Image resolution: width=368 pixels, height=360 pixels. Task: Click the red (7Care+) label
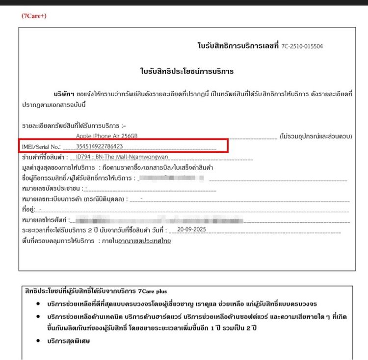pos(34,16)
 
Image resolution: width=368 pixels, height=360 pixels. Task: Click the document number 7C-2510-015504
pos(302,46)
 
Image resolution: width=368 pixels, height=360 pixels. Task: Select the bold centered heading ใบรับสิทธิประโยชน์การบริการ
pos(186,72)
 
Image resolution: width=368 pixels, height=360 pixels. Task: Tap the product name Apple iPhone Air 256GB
pos(107,136)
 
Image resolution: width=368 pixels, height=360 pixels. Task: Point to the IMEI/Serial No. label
pos(41,146)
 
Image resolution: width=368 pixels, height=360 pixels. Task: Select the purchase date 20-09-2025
pos(193,229)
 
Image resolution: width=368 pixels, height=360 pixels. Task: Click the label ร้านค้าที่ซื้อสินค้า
pos(45,157)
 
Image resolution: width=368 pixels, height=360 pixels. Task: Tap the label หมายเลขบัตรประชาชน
pos(52,189)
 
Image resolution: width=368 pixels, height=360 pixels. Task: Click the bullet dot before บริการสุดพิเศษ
pos(38,340)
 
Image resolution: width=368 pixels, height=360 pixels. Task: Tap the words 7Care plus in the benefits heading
pos(152,291)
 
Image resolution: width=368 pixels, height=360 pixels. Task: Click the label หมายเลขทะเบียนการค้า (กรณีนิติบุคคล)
pos(74,199)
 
